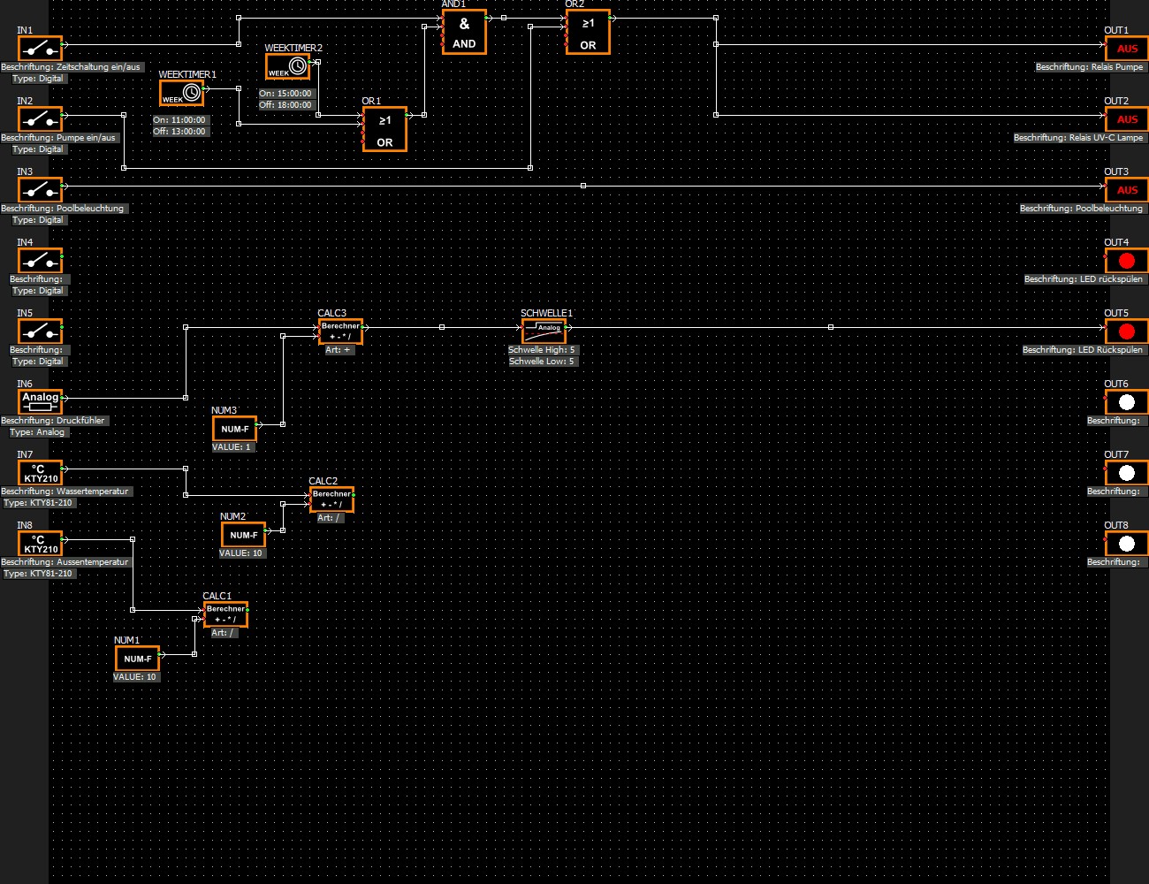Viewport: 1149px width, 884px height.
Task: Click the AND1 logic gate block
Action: pyautogui.click(x=464, y=33)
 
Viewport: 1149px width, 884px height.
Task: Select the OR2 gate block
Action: pyautogui.click(x=588, y=33)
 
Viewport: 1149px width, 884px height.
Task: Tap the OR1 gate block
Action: pyautogui.click(x=384, y=130)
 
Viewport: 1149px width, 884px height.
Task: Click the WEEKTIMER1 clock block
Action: pyautogui.click(x=182, y=93)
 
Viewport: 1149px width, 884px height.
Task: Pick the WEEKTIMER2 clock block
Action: pyautogui.click(x=288, y=66)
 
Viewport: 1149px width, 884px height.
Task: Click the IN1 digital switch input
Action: pyautogui.click(x=40, y=48)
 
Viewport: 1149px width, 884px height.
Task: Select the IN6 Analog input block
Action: pyautogui.click(x=41, y=402)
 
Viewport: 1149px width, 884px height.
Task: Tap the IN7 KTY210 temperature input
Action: pyautogui.click(x=41, y=473)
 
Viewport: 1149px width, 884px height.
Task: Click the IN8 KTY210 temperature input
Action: pyautogui.click(x=41, y=544)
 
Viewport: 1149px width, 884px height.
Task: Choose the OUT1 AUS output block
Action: pyautogui.click(x=1126, y=49)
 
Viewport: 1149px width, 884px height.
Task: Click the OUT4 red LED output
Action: pyautogui.click(x=1126, y=261)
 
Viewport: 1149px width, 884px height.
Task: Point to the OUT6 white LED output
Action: pyautogui.click(x=1126, y=402)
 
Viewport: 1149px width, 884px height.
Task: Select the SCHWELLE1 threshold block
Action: pyautogui.click(x=544, y=331)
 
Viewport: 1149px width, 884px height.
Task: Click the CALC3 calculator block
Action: pyautogui.click(x=340, y=331)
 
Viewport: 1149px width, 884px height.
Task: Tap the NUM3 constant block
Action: pyautogui.click(x=234, y=429)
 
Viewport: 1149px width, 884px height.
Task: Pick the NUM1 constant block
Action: pyautogui.click(x=137, y=659)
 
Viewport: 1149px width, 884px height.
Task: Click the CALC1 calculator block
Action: pyautogui.click(x=225, y=614)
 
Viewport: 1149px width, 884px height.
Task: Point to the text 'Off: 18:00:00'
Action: pyautogui.click(x=285, y=105)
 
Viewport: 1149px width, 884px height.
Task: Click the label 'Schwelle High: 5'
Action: pyautogui.click(x=542, y=350)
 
